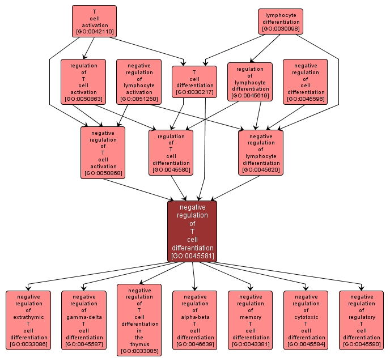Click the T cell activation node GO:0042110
(x=94, y=21)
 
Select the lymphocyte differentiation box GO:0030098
(x=281, y=21)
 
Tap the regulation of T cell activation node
(x=83, y=82)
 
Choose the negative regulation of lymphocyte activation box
(x=139, y=82)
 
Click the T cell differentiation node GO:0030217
(x=194, y=82)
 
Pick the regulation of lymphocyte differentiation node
(x=250, y=82)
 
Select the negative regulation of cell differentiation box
(x=306, y=82)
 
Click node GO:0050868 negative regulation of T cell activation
(x=103, y=152)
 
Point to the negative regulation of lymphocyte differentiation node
(x=261, y=152)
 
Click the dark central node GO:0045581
(x=193, y=231)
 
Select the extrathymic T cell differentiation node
(x=28, y=320)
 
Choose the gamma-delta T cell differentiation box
(x=84, y=320)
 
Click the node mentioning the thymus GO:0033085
(x=139, y=320)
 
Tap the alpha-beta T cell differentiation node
(x=194, y=320)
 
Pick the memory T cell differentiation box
(x=250, y=320)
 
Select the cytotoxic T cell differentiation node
(x=306, y=320)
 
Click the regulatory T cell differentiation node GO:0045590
(x=361, y=320)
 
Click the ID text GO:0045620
(x=261, y=169)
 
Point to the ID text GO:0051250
(x=139, y=99)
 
